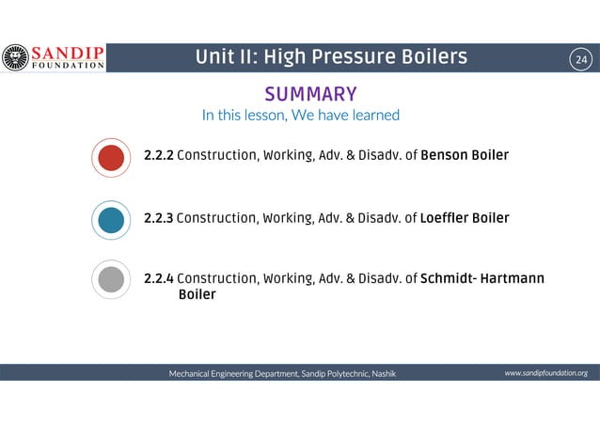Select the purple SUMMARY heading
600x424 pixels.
click(309, 94)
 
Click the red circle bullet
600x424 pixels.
click(111, 157)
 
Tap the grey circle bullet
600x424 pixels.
click(111, 280)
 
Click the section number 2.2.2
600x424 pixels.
click(158, 155)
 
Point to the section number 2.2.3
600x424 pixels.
click(158, 218)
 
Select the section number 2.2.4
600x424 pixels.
click(158, 279)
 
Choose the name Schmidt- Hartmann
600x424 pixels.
click(482, 279)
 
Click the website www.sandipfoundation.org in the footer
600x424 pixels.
click(545, 373)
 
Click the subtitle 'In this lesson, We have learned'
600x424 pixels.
click(301, 116)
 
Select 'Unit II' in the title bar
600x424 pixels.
click(221, 58)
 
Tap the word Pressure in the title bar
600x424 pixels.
click(357, 58)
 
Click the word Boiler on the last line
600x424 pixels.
click(197, 295)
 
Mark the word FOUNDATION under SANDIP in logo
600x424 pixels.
click(67, 67)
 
